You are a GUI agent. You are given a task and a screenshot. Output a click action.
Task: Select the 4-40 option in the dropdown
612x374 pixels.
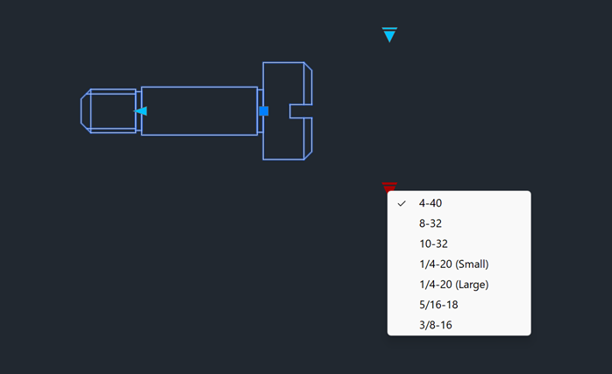[431, 203]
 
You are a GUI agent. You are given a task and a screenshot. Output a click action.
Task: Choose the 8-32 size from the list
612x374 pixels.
[431, 223]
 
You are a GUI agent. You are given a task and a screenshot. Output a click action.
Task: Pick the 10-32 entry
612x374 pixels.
[434, 243]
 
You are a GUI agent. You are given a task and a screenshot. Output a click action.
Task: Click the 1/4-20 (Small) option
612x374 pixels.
[453, 264]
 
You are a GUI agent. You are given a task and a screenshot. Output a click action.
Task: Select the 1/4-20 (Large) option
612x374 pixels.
[453, 284]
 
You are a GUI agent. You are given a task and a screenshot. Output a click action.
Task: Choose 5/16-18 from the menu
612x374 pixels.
[438, 304]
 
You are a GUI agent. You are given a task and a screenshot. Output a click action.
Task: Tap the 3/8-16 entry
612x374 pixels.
[436, 325]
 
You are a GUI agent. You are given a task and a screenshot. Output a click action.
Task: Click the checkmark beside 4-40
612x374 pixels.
[402, 203]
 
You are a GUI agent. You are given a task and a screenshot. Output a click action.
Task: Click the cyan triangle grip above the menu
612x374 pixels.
[390, 34]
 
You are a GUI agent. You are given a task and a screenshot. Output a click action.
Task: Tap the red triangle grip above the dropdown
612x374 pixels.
[390, 186]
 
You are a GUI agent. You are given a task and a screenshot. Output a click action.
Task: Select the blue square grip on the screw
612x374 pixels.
[263, 110]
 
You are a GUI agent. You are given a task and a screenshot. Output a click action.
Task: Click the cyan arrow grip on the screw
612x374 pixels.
[140, 110]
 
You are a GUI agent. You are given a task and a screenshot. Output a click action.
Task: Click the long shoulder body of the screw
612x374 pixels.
[199, 110]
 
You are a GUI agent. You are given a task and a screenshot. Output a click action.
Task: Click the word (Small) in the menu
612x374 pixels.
[472, 264]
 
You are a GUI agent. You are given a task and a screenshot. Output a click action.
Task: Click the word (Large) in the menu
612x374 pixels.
[472, 284]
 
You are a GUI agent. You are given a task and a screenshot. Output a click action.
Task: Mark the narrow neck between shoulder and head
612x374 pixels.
[260, 96]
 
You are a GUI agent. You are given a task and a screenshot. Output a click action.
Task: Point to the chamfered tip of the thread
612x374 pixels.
[86, 110]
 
